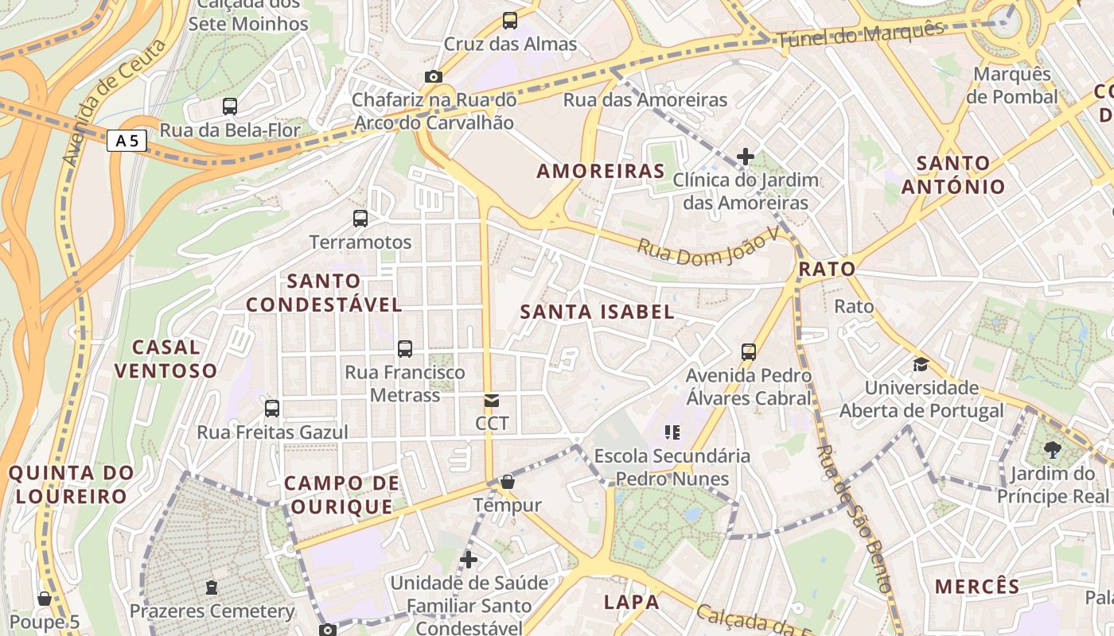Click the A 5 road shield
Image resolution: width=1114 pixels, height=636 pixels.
127,142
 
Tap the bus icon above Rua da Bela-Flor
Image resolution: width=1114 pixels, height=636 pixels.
230,106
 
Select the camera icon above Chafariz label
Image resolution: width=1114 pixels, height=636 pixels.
433,76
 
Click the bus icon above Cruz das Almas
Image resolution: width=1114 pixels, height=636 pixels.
510,21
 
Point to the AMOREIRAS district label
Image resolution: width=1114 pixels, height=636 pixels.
601,171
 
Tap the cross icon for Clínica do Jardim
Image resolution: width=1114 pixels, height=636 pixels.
745,157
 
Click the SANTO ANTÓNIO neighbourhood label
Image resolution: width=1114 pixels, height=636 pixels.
953,175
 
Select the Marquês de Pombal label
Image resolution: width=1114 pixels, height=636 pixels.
1012,86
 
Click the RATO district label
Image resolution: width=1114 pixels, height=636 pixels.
827,269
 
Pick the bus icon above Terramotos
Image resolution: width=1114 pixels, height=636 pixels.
360,219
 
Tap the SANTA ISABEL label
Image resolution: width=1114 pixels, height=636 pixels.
597,312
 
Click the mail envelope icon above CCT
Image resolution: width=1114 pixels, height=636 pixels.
492,401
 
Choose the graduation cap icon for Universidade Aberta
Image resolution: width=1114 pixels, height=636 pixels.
921,365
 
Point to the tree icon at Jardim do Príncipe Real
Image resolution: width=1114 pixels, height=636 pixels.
1053,450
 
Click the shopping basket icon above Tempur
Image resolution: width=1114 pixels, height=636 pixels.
507,482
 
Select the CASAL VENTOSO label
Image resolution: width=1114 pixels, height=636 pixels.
166,359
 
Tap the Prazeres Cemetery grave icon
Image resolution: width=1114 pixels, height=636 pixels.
212,588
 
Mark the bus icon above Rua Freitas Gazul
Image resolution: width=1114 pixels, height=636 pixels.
272,409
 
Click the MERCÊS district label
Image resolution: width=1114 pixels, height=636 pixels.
977,587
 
